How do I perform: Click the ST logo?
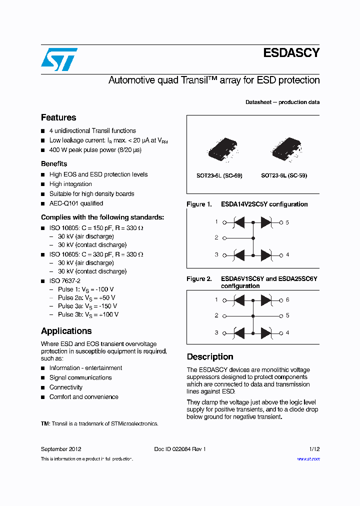59,59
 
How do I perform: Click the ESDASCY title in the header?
291,53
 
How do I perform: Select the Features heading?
58,117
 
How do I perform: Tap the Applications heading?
66,331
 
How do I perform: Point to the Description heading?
210,356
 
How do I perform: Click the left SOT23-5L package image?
220,148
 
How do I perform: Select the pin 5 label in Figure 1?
287,222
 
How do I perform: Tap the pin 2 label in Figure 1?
216,238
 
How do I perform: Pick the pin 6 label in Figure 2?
287,300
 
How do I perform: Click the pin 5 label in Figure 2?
287,316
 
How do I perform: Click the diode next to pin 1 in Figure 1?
239,222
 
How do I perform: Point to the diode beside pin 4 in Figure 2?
266,333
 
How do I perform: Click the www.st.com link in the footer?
308,459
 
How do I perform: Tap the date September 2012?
61,449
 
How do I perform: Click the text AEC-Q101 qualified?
76,203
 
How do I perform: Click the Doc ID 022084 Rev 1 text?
180,449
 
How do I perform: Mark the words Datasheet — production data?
282,102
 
